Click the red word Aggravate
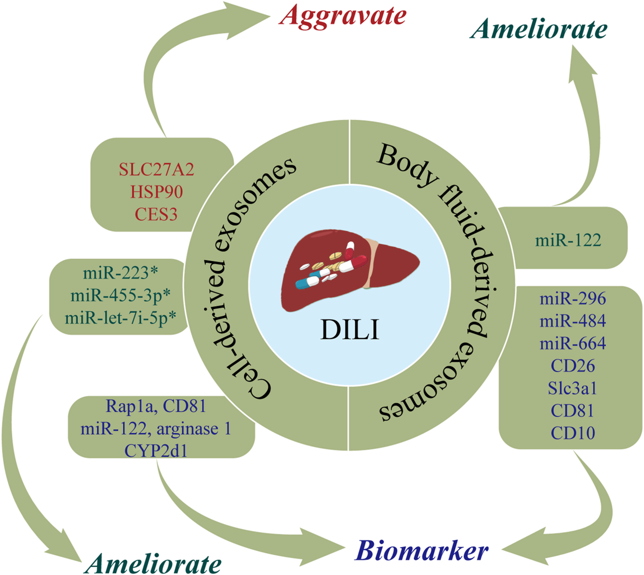click(343, 14)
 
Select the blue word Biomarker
click(422, 550)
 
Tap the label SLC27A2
click(156, 169)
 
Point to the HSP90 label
click(156, 192)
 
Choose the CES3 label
click(156, 214)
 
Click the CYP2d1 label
click(156, 450)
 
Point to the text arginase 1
click(194, 429)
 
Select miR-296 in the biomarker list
click(573, 299)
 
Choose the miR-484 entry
click(573, 321)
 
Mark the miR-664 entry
click(573, 343)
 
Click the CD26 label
click(573, 366)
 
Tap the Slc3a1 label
click(573, 388)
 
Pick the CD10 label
click(573, 433)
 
